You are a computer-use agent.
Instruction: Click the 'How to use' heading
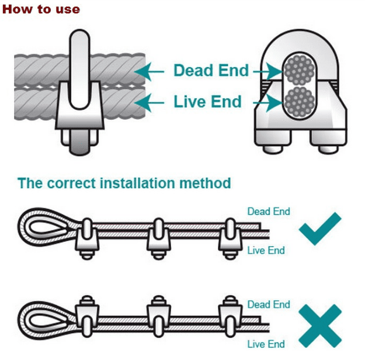point(41,9)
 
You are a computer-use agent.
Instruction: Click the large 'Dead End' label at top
point(211,71)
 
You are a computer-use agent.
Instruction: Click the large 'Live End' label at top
point(207,102)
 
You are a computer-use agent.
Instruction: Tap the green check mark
point(319,229)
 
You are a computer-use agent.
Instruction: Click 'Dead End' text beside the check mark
point(269,211)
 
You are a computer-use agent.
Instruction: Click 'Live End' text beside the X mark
point(266,344)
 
